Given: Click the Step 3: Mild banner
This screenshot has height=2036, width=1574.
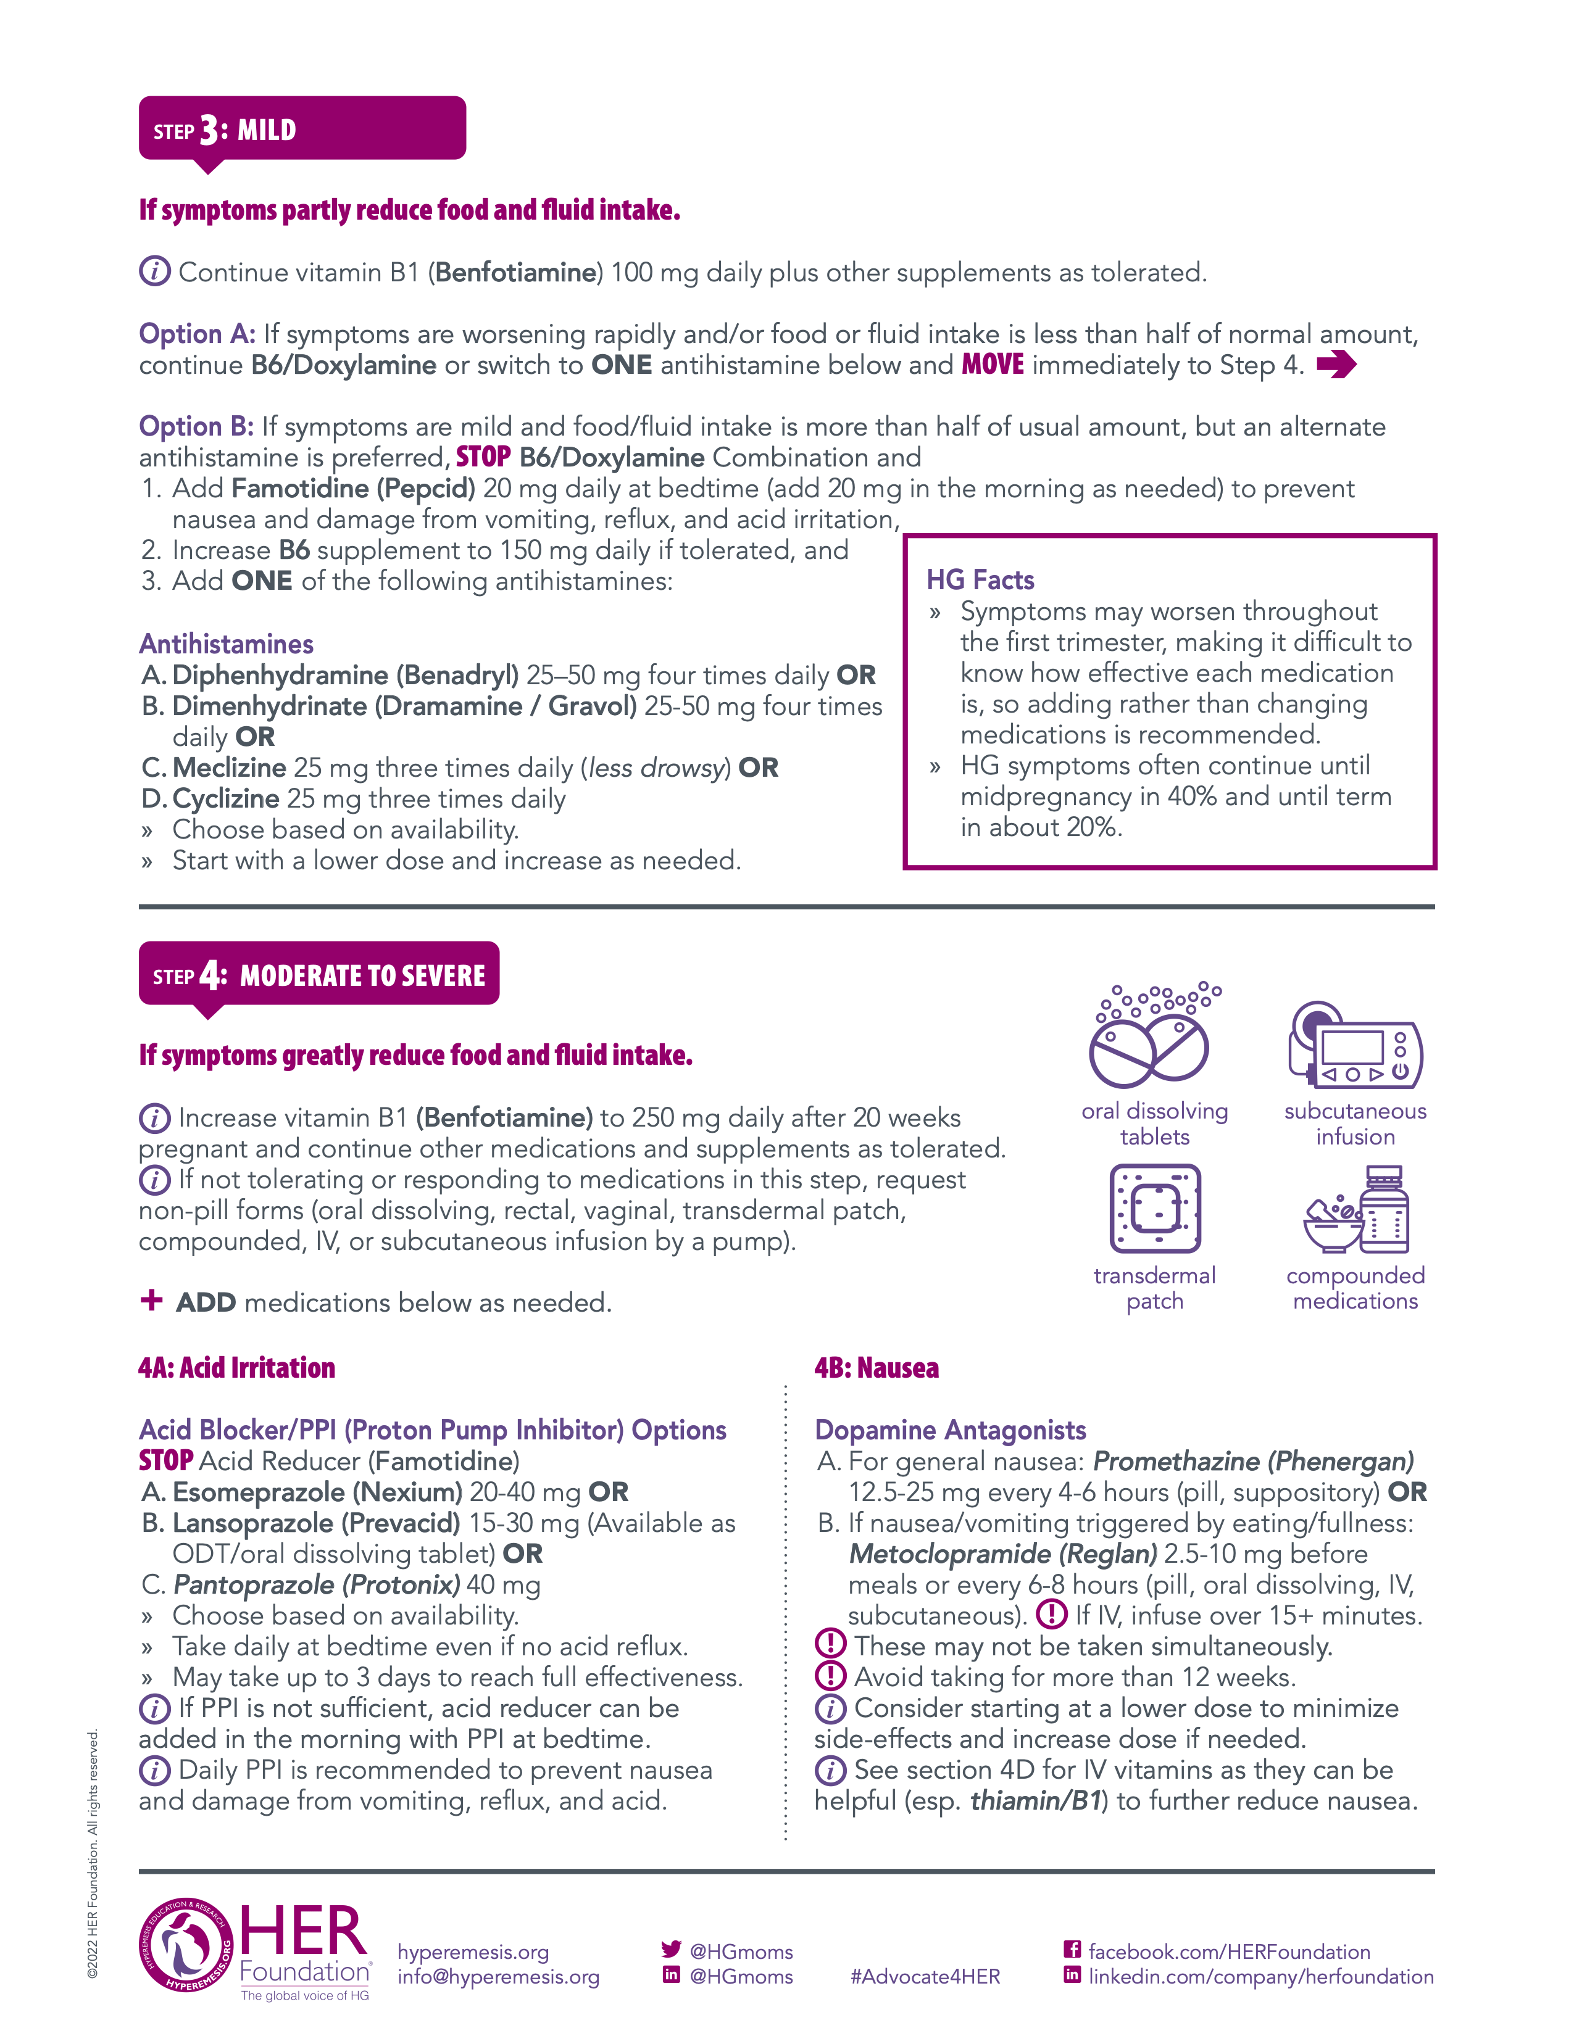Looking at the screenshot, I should [301, 129].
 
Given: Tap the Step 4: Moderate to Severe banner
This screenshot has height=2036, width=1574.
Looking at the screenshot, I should [319, 974].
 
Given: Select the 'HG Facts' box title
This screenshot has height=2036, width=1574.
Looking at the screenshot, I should [980, 580].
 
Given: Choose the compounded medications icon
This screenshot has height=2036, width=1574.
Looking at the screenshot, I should [1357, 1209].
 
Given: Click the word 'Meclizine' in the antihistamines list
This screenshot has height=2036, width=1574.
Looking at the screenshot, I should [230, 768].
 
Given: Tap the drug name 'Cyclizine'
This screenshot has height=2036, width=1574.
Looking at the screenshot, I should [226, 799].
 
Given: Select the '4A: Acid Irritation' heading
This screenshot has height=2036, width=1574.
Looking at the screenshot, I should [237, 1368].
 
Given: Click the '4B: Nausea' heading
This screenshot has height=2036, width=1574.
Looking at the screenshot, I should [877, 1368].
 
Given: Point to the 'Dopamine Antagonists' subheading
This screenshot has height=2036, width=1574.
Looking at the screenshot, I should [950, 1430].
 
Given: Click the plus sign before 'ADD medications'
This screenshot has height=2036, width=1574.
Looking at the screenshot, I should [151, 1301].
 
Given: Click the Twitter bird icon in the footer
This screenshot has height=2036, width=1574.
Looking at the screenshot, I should [670, 1948].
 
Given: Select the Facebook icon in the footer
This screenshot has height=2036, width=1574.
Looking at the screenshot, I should [1072, 1948].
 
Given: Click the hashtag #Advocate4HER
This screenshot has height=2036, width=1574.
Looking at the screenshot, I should [925, 1976].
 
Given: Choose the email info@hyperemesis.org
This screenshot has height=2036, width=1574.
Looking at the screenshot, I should [498, 1976].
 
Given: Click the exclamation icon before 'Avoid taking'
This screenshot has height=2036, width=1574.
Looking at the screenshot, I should [830, 1676].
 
